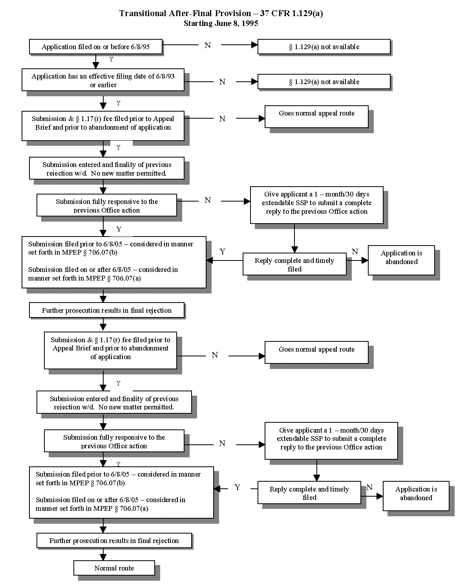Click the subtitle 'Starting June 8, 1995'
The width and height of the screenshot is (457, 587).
pyautogui.click(x=221, y=24)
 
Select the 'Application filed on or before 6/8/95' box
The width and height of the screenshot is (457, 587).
pyautogui.click(x=95, y=47)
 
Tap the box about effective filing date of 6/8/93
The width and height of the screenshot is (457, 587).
pyautogui.click(x=103, y=80)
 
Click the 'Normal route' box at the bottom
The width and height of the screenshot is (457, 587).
pyautogui.click(x=114, y=568)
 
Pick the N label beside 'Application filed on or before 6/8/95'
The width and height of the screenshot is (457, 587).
pyautogui.click(x=208, y=45)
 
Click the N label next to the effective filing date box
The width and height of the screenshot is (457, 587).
pyautogui.click(x=222, y=82)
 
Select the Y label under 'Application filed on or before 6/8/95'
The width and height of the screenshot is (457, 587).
pyautogui.click(x=111, y=59)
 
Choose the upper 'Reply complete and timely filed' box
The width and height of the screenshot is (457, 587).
pyautogui.click(x=294, y=264)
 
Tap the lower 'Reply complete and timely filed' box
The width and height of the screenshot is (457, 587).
pyautogui.click(x=309, y=493)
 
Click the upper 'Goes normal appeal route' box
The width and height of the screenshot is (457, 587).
pyautogui.click(x=316, y=116)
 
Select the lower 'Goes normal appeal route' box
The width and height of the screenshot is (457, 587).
pyautogui.click(x=316, y=352)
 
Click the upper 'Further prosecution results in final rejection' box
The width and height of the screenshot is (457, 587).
pyautogui.click(x=106, y=310)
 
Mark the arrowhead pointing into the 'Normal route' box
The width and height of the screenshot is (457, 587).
pyautogui.click(x=103, y=557)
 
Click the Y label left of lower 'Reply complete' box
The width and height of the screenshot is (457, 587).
pyautogui.click(x=237, y=487)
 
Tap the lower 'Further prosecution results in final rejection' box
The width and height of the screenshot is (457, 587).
pyautogui.click(x=114, y=540)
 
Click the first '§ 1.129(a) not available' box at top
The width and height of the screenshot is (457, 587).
pyautogui.click(x=324, y=47)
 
